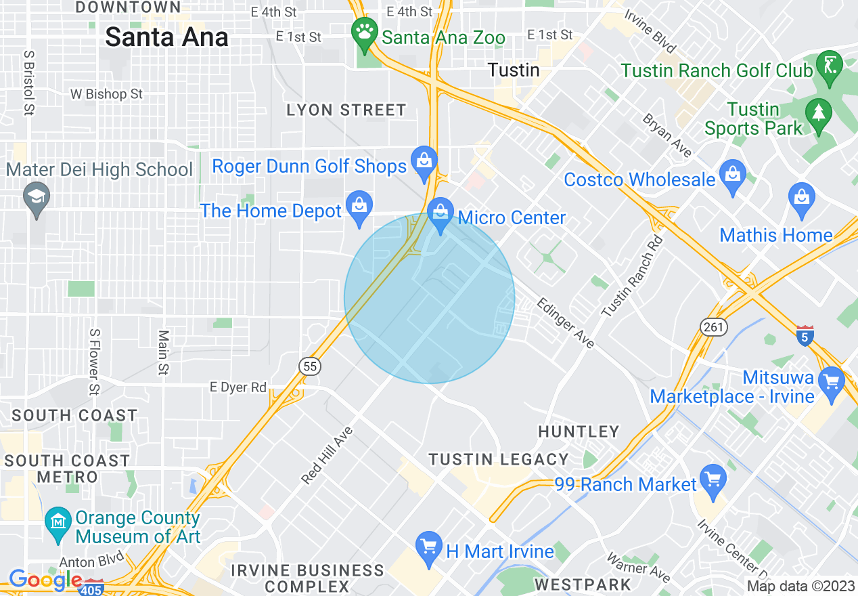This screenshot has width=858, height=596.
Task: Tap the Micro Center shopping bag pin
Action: point(441,214)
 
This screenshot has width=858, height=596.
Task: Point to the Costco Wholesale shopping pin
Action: point(733,175)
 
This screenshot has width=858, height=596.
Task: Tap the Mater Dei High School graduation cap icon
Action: point(35,198)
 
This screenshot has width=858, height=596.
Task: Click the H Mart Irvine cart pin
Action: point(428,547)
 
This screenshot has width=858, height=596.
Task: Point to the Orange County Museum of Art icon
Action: point(59,522)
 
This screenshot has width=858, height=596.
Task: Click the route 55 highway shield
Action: point(309,366)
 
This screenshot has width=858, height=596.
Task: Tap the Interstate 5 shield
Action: point(805,335)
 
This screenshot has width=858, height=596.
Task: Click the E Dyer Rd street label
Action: point(238,387)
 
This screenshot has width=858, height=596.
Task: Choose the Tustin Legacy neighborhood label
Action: point(499,459)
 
